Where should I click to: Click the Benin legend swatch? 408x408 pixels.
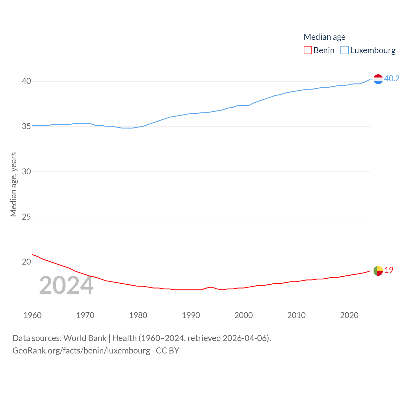[308, 50]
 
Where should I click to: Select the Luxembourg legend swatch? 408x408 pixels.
[345, 50]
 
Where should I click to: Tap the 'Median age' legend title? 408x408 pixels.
[324, 37]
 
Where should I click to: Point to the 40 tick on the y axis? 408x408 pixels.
[26, 81]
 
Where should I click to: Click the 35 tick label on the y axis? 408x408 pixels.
[26, 127]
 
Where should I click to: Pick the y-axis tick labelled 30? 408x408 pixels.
[26, 172]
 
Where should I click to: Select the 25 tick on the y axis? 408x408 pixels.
[26, 217]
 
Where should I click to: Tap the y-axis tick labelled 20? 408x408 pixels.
[26, 262]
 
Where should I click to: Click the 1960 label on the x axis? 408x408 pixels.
[33, 315]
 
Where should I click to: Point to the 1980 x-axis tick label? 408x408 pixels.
[138, 315]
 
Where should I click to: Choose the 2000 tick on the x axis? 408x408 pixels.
[244, 315]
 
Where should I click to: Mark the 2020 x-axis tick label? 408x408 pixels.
[349, 315]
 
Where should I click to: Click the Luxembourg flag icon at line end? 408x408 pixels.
[378, 79]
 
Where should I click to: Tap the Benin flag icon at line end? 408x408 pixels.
[378, 271]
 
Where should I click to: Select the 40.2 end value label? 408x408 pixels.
[392, 78]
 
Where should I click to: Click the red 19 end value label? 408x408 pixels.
[389, 270]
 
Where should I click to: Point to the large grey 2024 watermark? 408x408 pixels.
[66, 286]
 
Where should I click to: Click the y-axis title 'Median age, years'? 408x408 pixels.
[13, 185]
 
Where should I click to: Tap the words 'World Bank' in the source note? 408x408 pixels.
[85, 338]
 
